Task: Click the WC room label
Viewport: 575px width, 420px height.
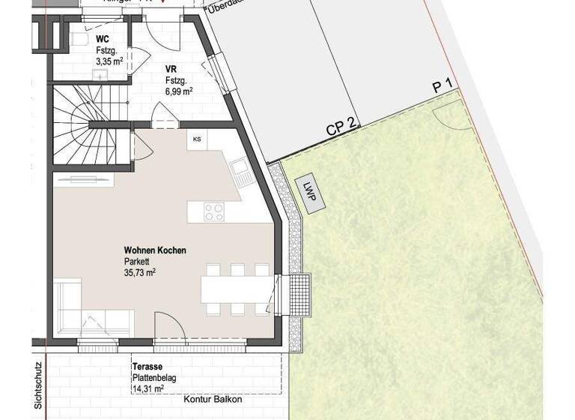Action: [102, 37]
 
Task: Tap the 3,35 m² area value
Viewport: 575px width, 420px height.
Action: [109, 61]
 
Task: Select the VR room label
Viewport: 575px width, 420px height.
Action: [172, 68]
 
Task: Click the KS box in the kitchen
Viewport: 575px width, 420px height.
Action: [198, 139]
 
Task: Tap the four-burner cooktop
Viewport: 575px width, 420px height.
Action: [214, 212]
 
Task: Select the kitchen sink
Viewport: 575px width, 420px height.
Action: [239, 172]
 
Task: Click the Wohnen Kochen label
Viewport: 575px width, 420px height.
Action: [155, 250]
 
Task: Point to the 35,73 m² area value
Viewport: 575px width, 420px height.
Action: [141, 272]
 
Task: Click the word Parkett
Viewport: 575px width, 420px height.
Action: [138, 262]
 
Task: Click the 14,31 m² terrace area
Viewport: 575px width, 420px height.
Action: [150, 389]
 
